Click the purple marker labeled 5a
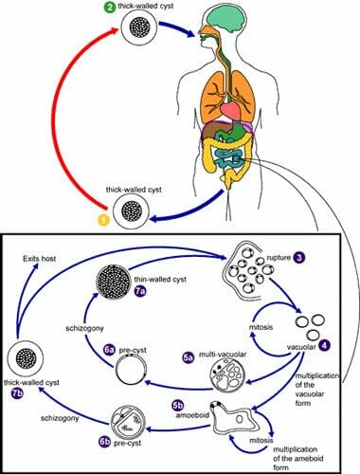point(188,357)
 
